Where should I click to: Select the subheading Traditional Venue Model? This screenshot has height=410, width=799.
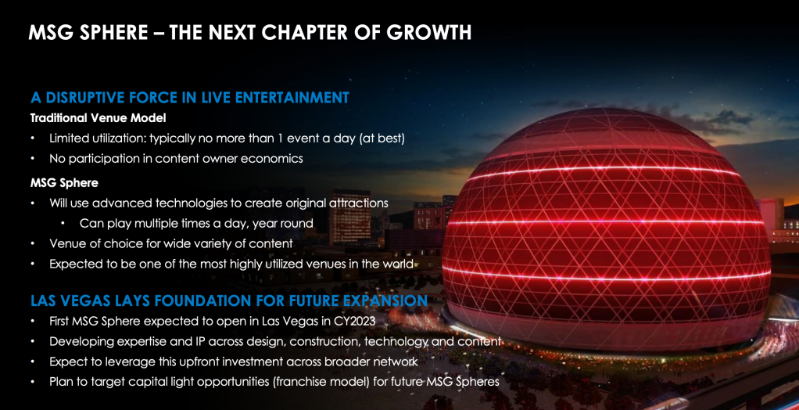click(98, 118)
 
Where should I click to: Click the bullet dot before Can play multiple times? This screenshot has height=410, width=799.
click(63, 223)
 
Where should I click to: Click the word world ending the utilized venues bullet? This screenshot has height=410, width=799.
click(400, 264)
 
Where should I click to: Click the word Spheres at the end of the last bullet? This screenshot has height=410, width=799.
click(478, 383)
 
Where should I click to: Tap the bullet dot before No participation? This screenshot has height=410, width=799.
click(33, 159)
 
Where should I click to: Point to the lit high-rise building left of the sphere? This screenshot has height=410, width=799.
click(350, 218)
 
